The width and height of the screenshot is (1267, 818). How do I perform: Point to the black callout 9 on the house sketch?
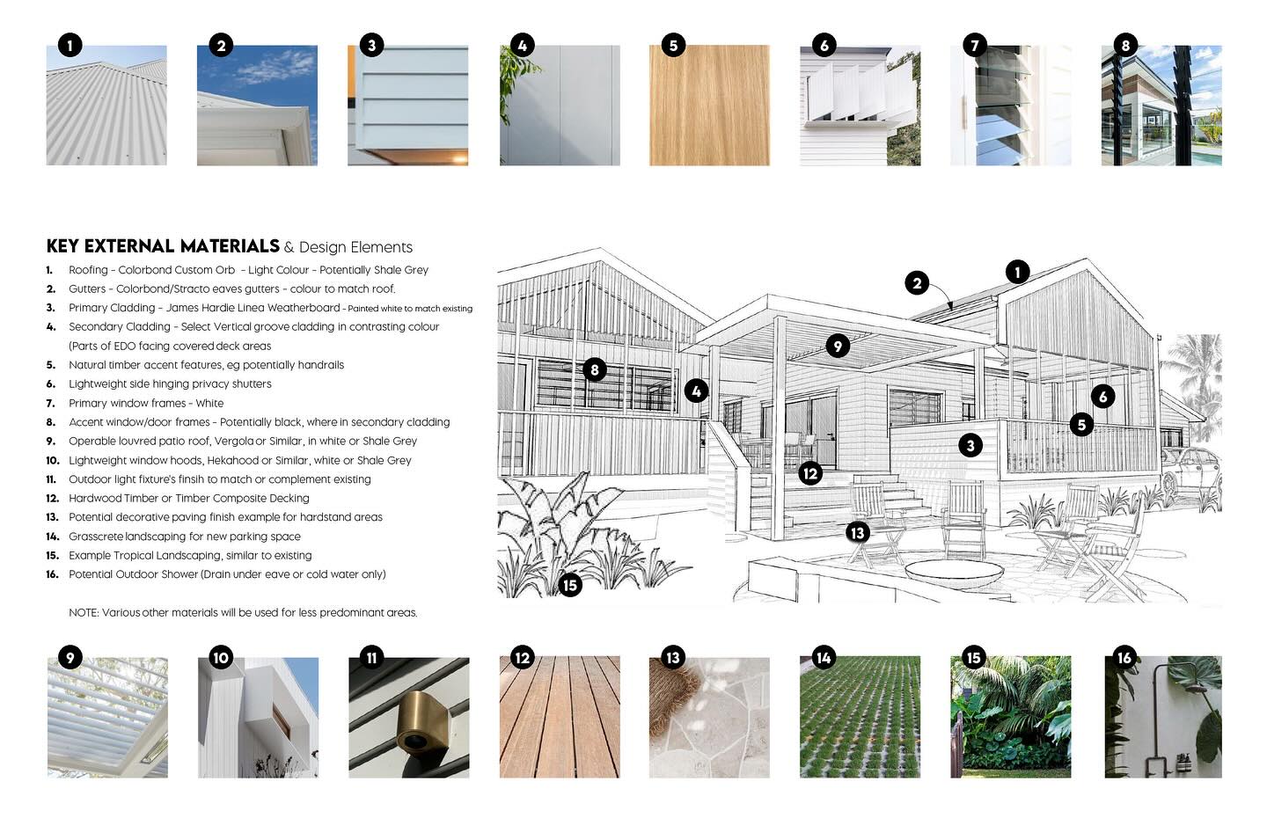pyautogui.click(x=838, y=346)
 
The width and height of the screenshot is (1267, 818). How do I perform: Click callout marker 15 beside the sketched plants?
pyautogui.click(x=570, y=585)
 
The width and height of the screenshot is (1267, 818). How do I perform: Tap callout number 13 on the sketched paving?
pyautogui.click(x=858, y=532)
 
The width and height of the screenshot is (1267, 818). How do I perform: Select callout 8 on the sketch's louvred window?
pyautogui.click(x=595, y=369)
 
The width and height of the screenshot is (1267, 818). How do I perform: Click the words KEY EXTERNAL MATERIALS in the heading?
pyautogui.click(x=163, y=246)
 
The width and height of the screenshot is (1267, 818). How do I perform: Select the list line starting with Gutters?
pyautogui.click(x=232, y=288)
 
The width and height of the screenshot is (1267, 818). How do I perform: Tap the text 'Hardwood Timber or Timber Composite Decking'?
pyautogui.click(x=189, y=498)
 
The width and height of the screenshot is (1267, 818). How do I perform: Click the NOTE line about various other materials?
pyautogui.click(x=243, y=612)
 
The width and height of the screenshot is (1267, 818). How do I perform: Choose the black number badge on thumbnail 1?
pyautogui.click(x=70, y=45)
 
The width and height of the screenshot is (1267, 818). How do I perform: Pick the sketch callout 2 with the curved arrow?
pyautogui.click(x=917, y=283)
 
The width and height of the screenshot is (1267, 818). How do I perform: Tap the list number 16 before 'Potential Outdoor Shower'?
pyautogui.click(x=53, y=574)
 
